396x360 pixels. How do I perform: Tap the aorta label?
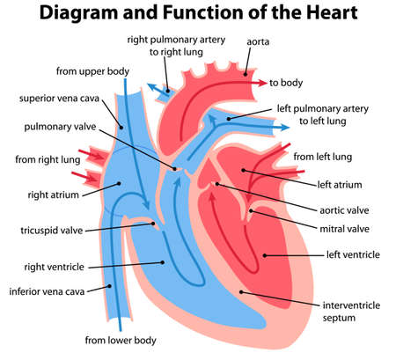pos(259,41)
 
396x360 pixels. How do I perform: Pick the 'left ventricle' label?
pos(353,254)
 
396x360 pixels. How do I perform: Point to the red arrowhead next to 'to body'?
pos(261,83)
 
